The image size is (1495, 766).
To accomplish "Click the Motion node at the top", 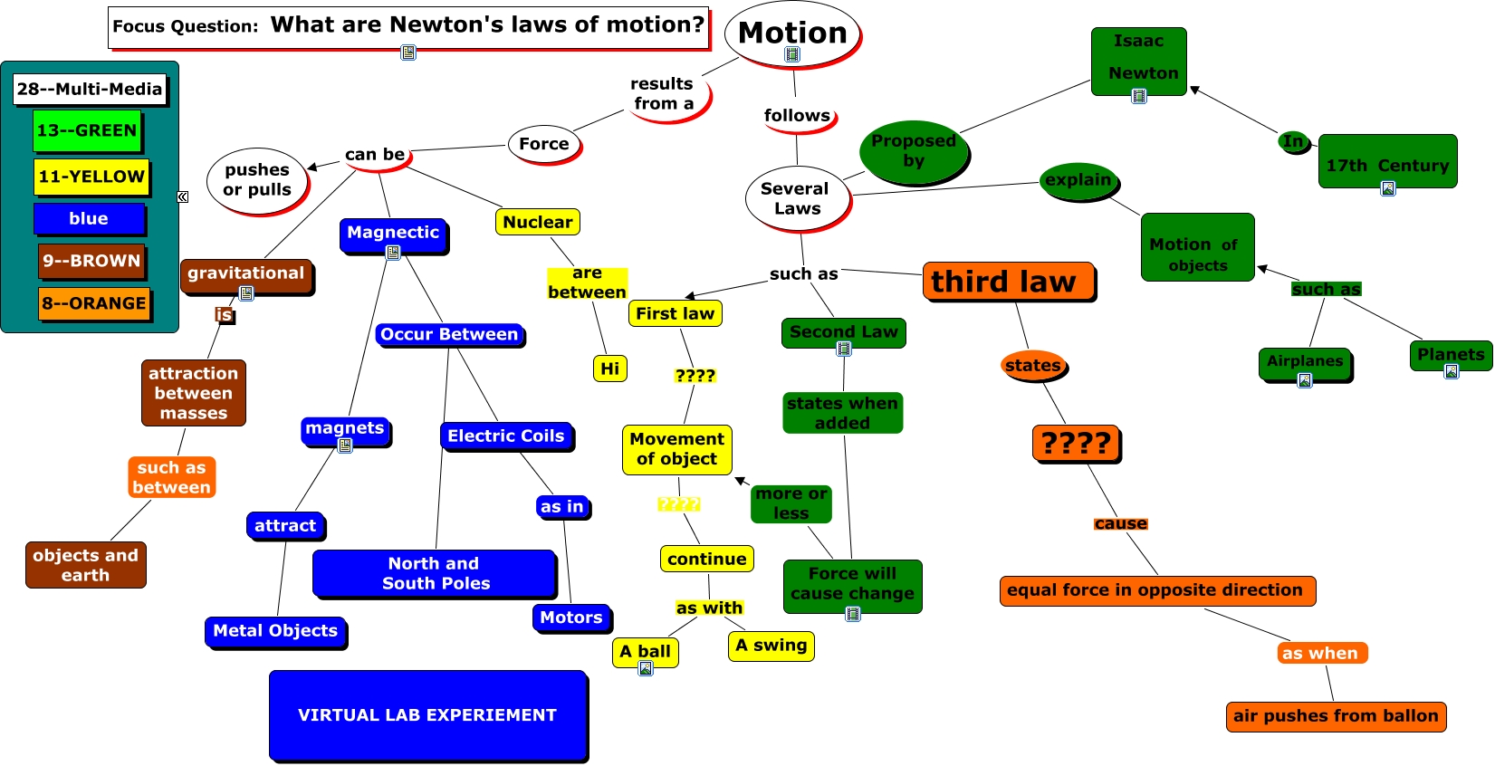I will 792,34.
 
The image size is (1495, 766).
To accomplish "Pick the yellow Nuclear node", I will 537,222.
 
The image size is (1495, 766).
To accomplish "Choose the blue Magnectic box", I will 393,234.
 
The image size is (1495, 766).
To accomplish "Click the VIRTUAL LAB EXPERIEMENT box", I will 427,714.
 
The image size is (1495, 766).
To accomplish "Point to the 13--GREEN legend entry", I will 87,130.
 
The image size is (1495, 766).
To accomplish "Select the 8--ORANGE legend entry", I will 94,303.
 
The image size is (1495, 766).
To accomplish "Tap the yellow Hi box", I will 609,369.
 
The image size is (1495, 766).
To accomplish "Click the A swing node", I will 771,646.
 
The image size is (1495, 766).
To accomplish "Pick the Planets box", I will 1450,355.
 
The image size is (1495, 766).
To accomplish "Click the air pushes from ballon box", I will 1335,716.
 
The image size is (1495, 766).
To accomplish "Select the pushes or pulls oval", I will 257,180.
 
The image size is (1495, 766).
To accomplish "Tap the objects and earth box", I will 85,565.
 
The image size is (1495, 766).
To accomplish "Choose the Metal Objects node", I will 275,631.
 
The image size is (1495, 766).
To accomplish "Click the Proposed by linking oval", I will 914,151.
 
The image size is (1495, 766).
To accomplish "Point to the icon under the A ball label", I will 646,668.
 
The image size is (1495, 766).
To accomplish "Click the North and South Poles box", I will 435,573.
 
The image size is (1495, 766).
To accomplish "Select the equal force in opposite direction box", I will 1155,590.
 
